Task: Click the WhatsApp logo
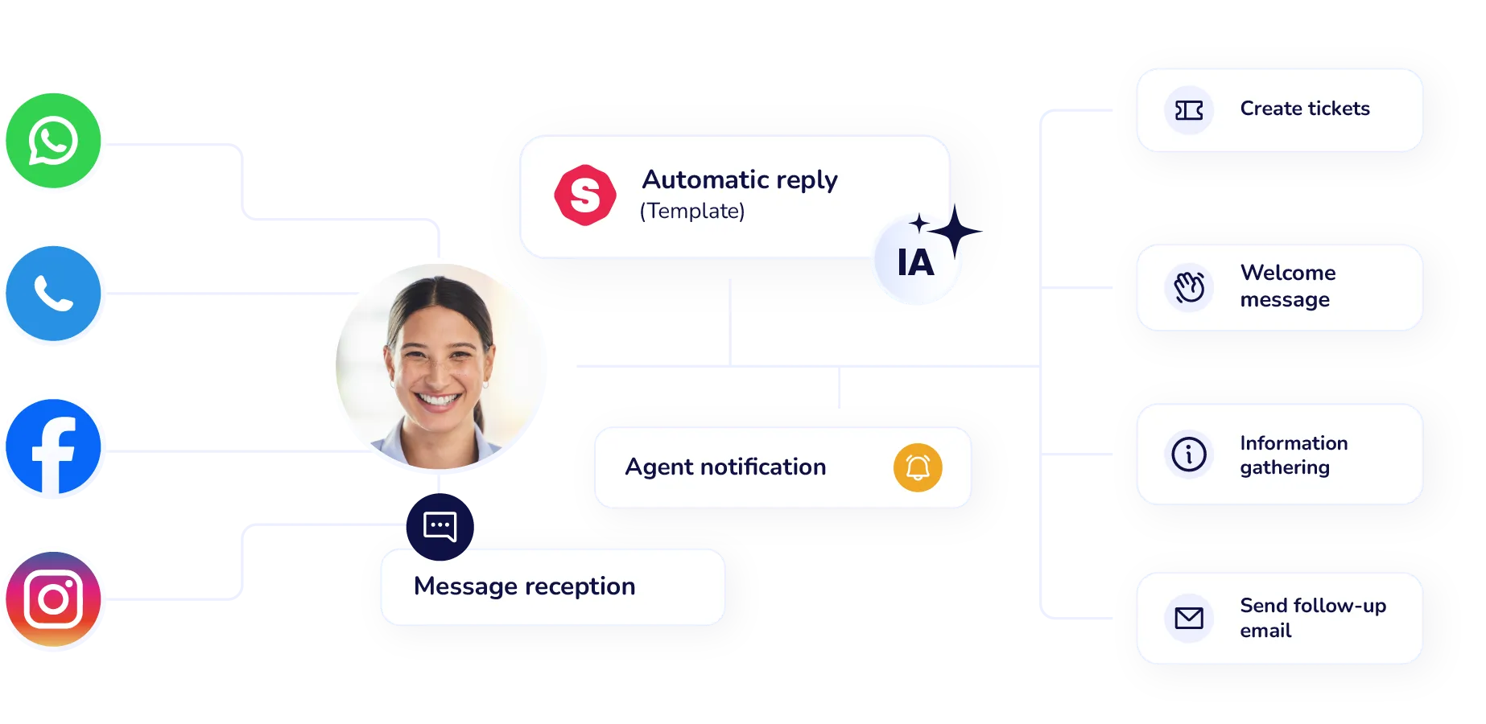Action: coord(53,141)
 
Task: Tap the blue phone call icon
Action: coord(53,294)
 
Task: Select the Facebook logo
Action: coord(53,446)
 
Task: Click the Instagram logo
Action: coord(53,599)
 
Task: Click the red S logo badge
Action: coord(585,195)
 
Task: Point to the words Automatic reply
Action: coord(739,179)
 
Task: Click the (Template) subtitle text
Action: coord(692,211)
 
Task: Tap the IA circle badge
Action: coord(916,261)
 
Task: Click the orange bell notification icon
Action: coord(918,467)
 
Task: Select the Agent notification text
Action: coord(725,467)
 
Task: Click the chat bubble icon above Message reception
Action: coord(440,526)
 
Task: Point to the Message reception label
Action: coord(524,586)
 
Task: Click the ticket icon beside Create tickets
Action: coord(1189,110)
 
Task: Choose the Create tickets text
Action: coord(1304,109)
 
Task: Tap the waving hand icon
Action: coord(1189,287)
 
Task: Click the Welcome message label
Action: coord(1287,286)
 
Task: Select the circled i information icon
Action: coord(1189,455)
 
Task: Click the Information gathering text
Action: coord(1293,455)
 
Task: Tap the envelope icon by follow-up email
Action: coord(1189,618)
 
